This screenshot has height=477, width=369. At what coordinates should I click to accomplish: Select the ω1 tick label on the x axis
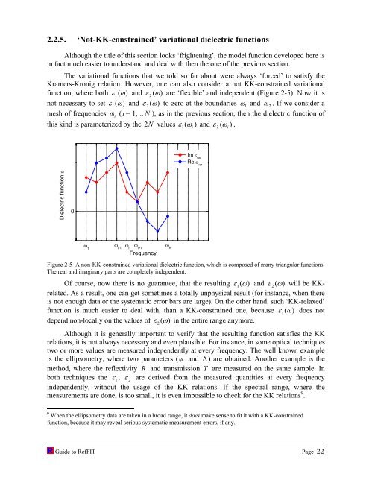(86, 245)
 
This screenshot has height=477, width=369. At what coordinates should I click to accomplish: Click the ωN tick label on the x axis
(168, 245)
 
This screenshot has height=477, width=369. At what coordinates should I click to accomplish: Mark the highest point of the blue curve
(117, 148)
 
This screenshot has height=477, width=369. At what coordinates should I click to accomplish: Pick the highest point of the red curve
(117, 162)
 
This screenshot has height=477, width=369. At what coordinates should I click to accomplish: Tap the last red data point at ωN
(168, 172)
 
